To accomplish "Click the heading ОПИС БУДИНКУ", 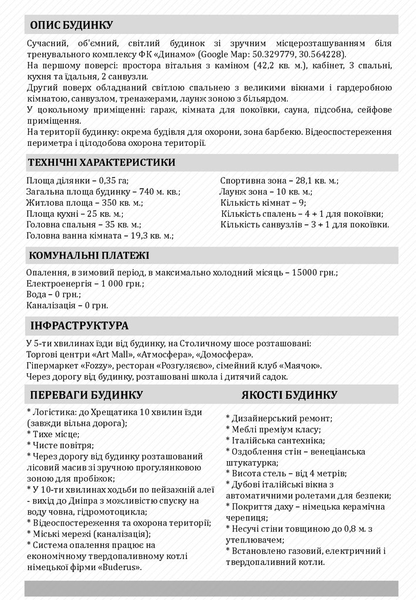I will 72,25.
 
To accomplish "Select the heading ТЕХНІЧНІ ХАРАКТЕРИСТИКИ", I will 101,162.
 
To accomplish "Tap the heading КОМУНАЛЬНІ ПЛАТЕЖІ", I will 89,255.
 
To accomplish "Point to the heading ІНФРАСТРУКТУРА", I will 79,325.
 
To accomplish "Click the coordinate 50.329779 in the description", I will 273,54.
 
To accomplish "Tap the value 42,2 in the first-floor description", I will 267,66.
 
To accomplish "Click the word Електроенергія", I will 58,284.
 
